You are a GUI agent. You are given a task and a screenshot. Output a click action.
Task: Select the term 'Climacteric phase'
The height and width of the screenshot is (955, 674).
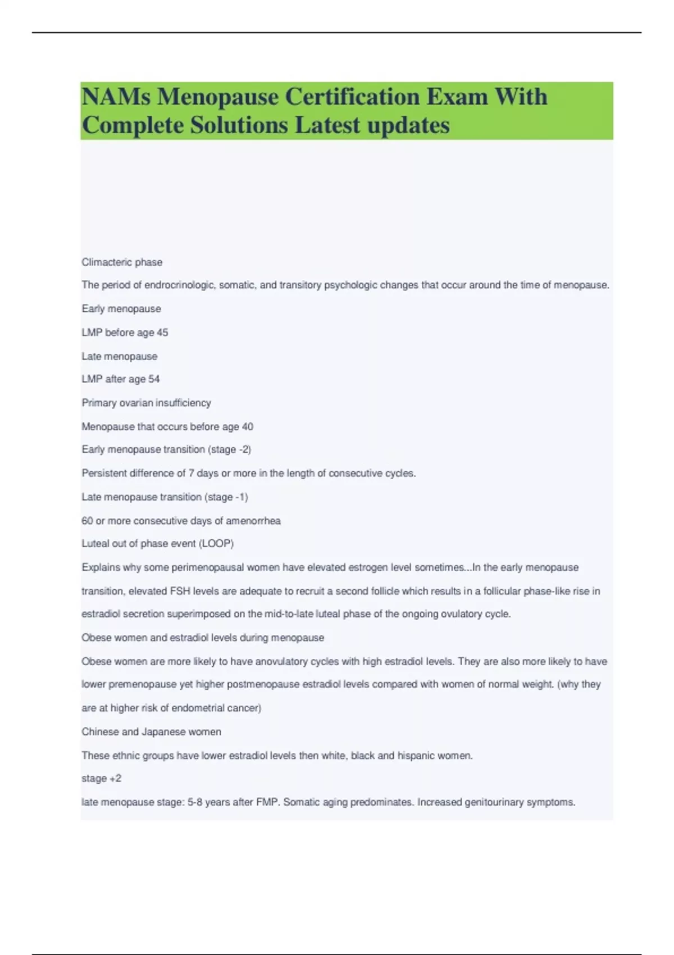(122, 262)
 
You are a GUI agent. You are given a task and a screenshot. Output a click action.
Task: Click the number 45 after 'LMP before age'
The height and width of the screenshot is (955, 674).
(162, 333)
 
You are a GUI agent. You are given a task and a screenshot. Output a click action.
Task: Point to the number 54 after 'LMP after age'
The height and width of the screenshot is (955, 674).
(154, 379)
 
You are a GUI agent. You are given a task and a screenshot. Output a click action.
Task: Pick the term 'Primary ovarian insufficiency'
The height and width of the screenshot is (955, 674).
(146, 403)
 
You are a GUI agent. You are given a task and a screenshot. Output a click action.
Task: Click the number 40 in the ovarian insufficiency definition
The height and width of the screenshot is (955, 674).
(247, 427)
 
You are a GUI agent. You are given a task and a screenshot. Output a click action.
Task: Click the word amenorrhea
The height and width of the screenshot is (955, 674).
(253, 521)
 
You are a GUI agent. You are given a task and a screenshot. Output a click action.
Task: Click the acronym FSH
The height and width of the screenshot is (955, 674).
(180, 591)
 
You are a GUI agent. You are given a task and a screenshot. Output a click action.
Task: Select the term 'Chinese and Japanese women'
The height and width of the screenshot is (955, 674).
(151, 732)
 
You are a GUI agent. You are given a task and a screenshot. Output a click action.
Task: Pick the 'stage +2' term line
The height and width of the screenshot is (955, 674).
(101, 779)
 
